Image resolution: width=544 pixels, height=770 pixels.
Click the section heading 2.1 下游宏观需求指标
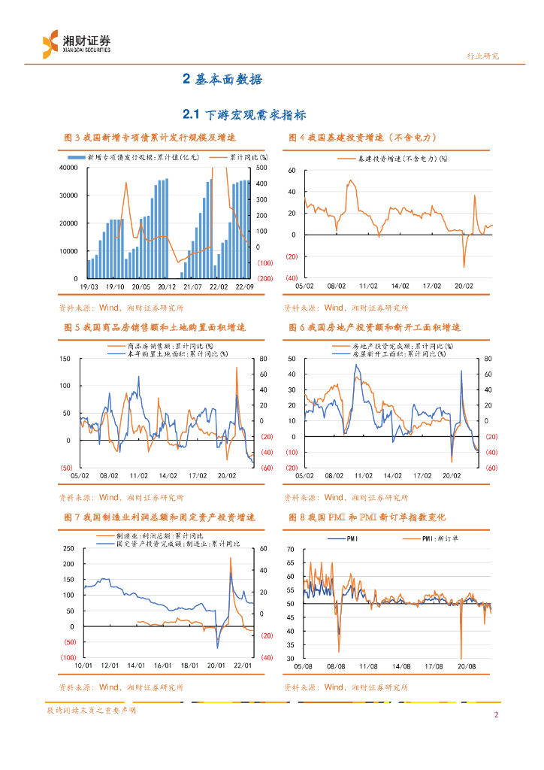pyautogui.click(x=244, y=114)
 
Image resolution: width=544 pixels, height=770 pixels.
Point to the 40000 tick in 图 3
pyautogui.click(x=68, y=168)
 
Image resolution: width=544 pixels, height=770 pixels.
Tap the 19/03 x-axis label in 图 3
pyautogui.click(x=89, y=286)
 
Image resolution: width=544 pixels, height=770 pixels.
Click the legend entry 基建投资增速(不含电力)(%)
pyautogui.click(x=402, y=159)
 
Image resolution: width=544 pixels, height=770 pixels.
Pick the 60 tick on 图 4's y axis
pyautogui.click(x=292, y=171)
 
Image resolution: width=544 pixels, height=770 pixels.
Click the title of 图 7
pyautogui.click(x=160, y=517)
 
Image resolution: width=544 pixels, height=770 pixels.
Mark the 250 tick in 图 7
pyautogui.click(x=68, y=548)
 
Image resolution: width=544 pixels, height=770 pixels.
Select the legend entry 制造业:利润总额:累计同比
pyautogui.click(x=158, y=535)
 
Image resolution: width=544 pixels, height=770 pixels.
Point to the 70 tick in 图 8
pyautogui.click(x=291, y=549)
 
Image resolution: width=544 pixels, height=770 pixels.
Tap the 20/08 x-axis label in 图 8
pyautogui.click(x=466, y=665)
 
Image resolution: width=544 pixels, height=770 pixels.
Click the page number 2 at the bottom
pyautogui.click(x=496, y=714)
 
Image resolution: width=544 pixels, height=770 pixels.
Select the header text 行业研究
pyautogui.click(x=482, y=56)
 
